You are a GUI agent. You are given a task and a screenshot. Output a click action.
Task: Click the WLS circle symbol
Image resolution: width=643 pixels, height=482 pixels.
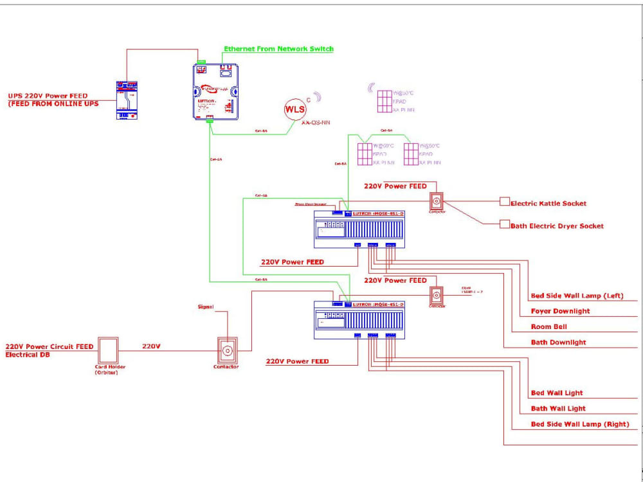pyautogui.click(x=295, y=109)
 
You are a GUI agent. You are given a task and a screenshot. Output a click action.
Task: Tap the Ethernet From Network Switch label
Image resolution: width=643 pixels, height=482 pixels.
pyautogui.click(x=278, y=49)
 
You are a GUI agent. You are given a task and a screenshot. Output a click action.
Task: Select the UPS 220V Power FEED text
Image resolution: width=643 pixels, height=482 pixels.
pyautogui.click(x=48, y=96)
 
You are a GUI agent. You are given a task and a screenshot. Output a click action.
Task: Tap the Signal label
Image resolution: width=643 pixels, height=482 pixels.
pyautogui.click(x=206, y=307)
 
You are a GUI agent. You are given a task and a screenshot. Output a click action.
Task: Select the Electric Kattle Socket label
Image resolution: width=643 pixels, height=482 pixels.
pyautogui.click(x=548, y=203)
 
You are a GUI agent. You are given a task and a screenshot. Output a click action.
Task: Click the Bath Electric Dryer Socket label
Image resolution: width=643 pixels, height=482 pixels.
pyautogui.click(x=557, y=226)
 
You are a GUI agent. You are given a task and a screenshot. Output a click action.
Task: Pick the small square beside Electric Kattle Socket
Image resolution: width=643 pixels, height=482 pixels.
pyautogui.click(x=505, y=202)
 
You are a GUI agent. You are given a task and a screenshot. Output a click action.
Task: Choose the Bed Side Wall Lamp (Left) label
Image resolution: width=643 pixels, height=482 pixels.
pyautogui.click(x=577, y=296)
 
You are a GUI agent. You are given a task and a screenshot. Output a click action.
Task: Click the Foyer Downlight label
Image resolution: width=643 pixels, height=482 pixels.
pyautogui.click(x=560, y=312)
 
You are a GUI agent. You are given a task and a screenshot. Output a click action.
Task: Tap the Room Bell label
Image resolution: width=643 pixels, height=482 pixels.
pyautogui.click(x=548, y=327)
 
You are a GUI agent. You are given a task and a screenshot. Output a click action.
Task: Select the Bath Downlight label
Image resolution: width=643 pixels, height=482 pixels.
pyautogui.click(x=558, y=343)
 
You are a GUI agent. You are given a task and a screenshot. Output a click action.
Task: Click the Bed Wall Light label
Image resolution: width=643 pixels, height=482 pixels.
pyautogui.click(x=557, y=393)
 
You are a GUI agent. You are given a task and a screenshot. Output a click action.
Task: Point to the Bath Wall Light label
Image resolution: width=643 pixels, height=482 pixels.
pyautogui.click(x=558, y=409)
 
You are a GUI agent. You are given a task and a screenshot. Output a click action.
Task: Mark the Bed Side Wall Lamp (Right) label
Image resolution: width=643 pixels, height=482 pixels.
pyautogui.click(x=579, y=424)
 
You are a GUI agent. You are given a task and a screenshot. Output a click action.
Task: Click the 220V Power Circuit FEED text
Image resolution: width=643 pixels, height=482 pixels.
pyautogui.click(x=50, y=346)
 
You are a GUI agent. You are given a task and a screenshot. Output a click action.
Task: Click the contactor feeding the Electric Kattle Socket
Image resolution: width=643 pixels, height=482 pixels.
pyautogui.click(x=437, y=201)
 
